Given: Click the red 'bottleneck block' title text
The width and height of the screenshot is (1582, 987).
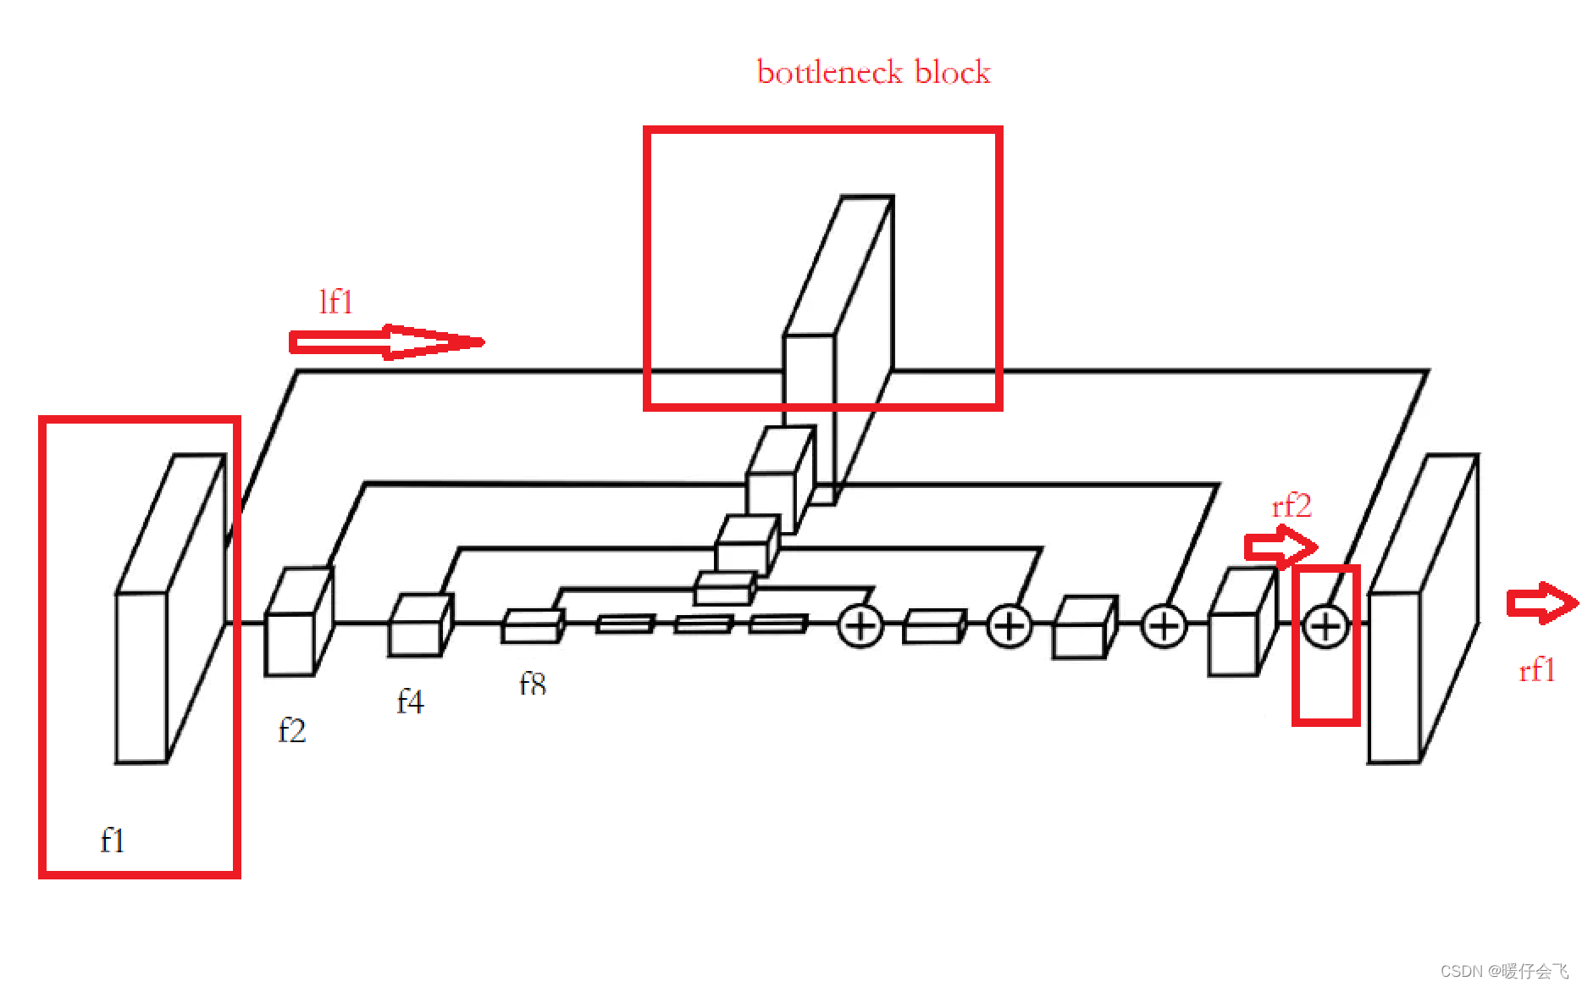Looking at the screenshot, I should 873,73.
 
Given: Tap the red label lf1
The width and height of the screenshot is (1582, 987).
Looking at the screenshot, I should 335,302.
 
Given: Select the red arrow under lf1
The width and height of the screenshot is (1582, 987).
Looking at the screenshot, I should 386,342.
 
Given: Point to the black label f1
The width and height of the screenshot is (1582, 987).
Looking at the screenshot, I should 112,840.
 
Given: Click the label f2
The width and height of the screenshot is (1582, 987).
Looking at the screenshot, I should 291,730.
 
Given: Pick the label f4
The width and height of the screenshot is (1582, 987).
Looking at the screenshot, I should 410,701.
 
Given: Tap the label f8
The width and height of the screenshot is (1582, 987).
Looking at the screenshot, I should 532,683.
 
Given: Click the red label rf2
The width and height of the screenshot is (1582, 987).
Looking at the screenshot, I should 1292,506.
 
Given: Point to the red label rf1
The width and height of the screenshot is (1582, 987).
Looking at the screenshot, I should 1536,670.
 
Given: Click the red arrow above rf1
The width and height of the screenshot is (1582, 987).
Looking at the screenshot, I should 1542,603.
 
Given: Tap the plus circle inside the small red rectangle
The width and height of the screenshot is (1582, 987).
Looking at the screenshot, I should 1325,627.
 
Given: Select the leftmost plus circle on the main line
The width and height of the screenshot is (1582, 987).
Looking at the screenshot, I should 860,627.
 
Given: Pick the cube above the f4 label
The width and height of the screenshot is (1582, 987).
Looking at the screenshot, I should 419,627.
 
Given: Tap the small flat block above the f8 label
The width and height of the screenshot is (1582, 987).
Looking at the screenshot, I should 532,627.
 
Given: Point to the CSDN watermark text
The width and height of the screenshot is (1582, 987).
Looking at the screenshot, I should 1504,971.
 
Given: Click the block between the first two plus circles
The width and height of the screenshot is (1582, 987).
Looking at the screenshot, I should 934,627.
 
